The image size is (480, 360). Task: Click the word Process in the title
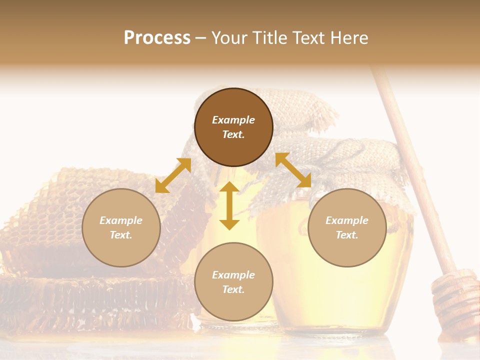(x=157, y=38)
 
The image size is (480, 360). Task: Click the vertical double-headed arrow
(x=229, y=205)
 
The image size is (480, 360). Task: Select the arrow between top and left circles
(x=173, y=175)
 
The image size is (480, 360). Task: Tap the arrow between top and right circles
(x=293, y=170)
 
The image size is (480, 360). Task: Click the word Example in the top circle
(x=233, y=120)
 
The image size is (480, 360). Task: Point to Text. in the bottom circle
(x=233, y=289)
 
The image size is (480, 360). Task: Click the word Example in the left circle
(x=121, y=220)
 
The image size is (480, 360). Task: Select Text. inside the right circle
(x=347, y=235)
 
